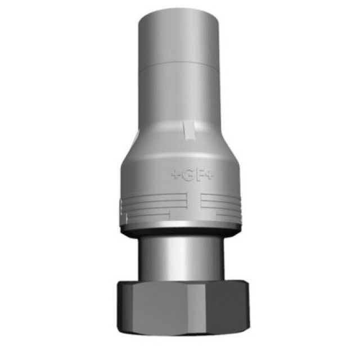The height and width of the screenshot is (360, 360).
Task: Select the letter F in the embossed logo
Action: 200,174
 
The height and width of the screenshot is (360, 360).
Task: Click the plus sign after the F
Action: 210,174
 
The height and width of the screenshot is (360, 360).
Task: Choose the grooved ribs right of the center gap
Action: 222,205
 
